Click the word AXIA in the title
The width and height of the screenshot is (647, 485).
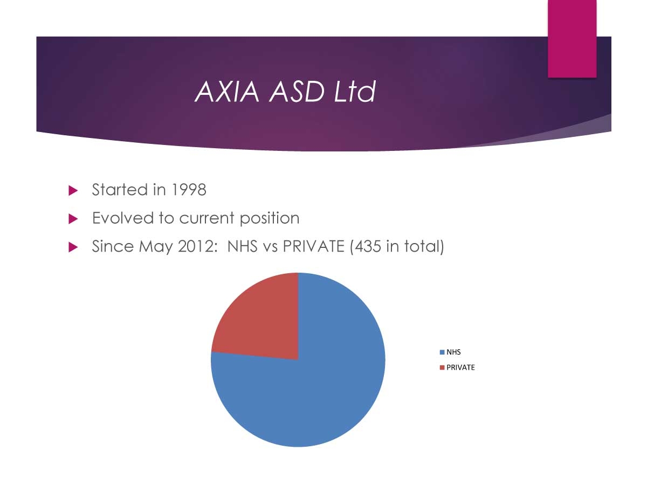click(226, 92)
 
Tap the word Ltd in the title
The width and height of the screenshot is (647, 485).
click(355, 92)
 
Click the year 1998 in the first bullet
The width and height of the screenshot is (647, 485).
click(189, 189)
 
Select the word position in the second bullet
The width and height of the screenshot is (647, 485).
click(270, 218)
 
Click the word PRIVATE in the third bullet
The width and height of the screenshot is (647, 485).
click(313, 246)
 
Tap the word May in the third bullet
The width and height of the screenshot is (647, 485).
click(156, 247)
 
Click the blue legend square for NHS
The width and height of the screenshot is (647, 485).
click(442, 352)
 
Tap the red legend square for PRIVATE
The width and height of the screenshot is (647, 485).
click(442, 368)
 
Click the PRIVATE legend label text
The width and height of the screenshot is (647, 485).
click(460, 368)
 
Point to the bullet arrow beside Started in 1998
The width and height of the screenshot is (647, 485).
click(73, 191)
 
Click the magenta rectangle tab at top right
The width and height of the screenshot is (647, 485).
click(572, 39)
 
